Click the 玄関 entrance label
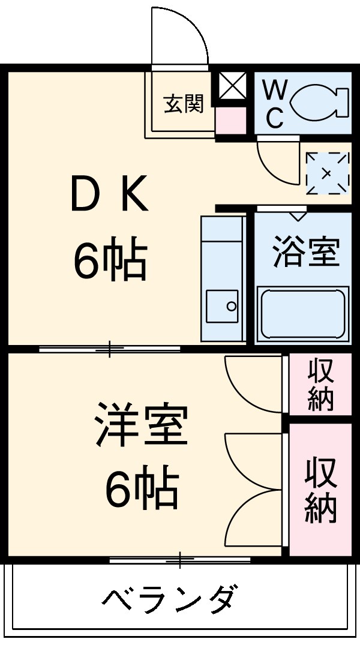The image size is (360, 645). pos(184,104)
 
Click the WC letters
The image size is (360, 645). pos(275,104)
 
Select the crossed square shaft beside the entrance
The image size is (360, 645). pos(232,86)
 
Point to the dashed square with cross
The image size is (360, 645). pos(327,173)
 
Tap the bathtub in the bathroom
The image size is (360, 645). pos(303,314)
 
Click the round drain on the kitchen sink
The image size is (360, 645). pos(231,306)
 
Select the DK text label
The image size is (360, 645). pos(109,194)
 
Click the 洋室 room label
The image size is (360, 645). pos(141,425)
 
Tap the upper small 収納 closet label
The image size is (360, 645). pos(320,385)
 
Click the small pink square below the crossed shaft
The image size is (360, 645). pos(230,121)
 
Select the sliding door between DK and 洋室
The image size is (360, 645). pos(110,349)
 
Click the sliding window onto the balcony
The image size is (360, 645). pos(180,560)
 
